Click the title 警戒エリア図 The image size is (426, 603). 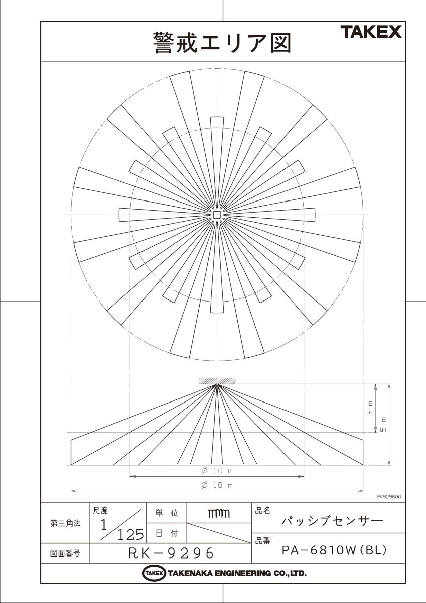pos(222,43)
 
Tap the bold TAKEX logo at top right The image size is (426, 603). pos(371,32)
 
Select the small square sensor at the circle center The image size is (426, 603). pos(217,215)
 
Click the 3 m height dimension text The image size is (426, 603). pos(370,408)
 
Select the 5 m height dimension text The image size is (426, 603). pos(384,424)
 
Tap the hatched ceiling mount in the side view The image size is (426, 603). pos(217,381)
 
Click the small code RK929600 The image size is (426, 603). pos(389,496)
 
